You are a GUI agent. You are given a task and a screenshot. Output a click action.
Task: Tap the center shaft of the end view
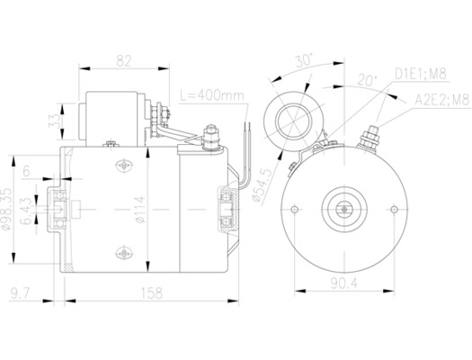pos(343,208)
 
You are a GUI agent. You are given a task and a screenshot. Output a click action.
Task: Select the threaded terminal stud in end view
pos(367,139)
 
